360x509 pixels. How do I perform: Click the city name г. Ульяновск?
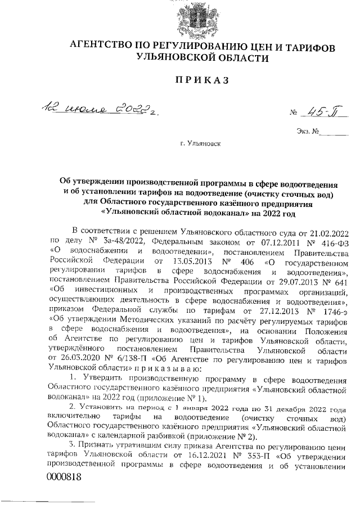201,144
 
